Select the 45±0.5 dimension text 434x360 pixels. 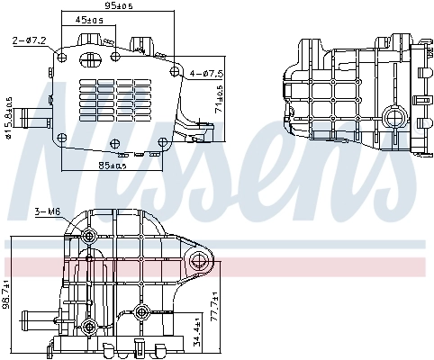coord(88,19)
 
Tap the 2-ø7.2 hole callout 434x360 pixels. coord(30,40)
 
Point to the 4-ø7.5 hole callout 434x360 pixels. coord(206,73)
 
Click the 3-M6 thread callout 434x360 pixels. coord(46,212)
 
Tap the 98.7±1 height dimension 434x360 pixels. coord(7,295)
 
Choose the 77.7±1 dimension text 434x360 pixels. coord(214,309)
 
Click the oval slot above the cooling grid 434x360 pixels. coord(91,60)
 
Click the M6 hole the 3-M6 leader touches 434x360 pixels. coord(88,237)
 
